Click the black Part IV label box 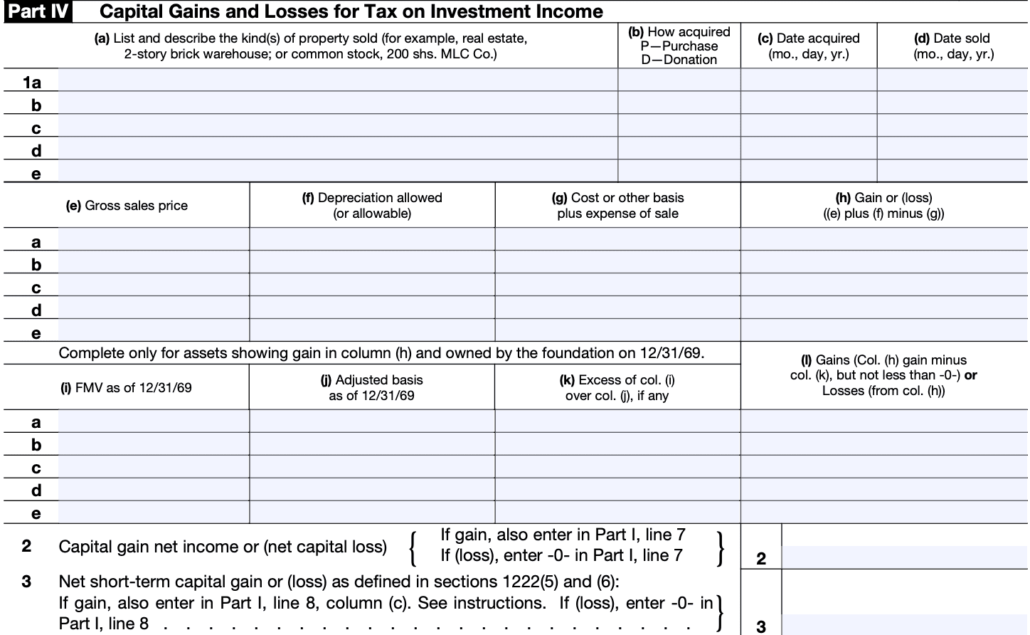pyautogui.click(x=38, y=12)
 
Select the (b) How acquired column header pyautogui.click(x=679, y=46)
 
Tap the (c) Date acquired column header pyautogui.click(x=808, y=46)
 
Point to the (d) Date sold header pyautogui.click(x=952, y=46)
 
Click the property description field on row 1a pyautogui.click(x=337, y=80)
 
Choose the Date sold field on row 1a pyautogui.click(x=952, y=80)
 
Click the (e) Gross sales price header pyautogui.click(x=127, y=206)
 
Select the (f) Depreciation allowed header pyautogui.click(x=372, y=205)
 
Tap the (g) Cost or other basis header pyautogui.click(x=617, y=205)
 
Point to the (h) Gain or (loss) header pyautogui.click(x=883, y=205)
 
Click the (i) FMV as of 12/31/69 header pyautogui.click(x=127, y=388)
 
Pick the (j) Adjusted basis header pyautogui.click(x=371, y=387)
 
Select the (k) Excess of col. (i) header pyautogui.click(x=617, y=387)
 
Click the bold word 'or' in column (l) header pyautogui.click(x=971, y=375)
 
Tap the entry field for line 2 pyautogui.click(x=904, y=557)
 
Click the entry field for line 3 pyautogui.click(x=904, y=624)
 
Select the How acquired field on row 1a pyautogui.click(x=679, y=80)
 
